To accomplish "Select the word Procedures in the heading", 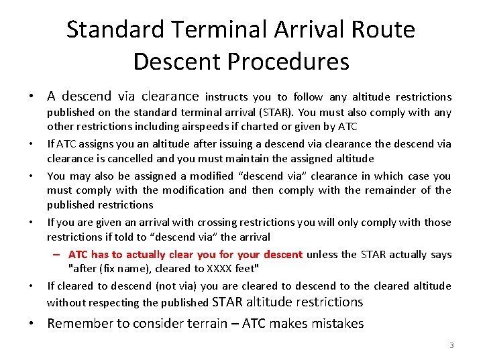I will [x=288, y=62].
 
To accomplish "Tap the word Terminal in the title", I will [x=213, y=29].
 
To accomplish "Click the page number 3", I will [x=451, y=345].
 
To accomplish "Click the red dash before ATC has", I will [x=58, y=255].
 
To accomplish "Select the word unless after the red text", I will [x=324, y=255].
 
